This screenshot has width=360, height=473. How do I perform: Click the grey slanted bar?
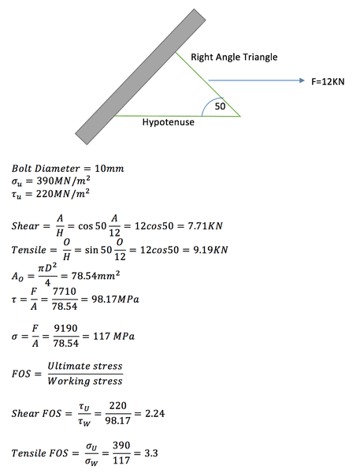click(140, 77)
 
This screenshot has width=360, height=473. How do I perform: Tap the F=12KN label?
click(328, 82)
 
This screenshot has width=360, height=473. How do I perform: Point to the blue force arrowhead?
click(302, 80)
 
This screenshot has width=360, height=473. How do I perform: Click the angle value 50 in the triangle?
click(220, 106)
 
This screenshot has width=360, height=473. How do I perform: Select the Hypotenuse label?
click(169, 122)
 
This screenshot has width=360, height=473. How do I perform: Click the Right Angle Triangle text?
click(234, 57)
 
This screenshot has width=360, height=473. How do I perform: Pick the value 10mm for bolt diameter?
click(109, 169)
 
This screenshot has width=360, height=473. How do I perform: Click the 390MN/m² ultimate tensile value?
click(63, 181)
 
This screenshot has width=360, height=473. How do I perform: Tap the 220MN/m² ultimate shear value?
click(63, 193)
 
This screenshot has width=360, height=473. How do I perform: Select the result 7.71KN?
click(206, 226)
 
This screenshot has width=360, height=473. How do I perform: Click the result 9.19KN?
click(210, 250)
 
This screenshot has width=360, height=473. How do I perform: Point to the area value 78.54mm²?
click(95, 275)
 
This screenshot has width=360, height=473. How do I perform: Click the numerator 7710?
click(65, 292)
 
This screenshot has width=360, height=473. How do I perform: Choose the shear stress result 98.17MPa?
click(115, 300)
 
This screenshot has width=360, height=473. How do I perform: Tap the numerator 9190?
click(65, 328)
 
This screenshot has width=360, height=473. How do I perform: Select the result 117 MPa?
click(113, 336)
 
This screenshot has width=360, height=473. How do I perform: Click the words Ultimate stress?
click(85, 366)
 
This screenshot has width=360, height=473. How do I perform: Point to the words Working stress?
click(85, 382)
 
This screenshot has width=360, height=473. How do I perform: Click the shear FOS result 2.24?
click(155, 413)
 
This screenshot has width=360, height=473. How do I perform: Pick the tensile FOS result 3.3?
click(150, 453)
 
